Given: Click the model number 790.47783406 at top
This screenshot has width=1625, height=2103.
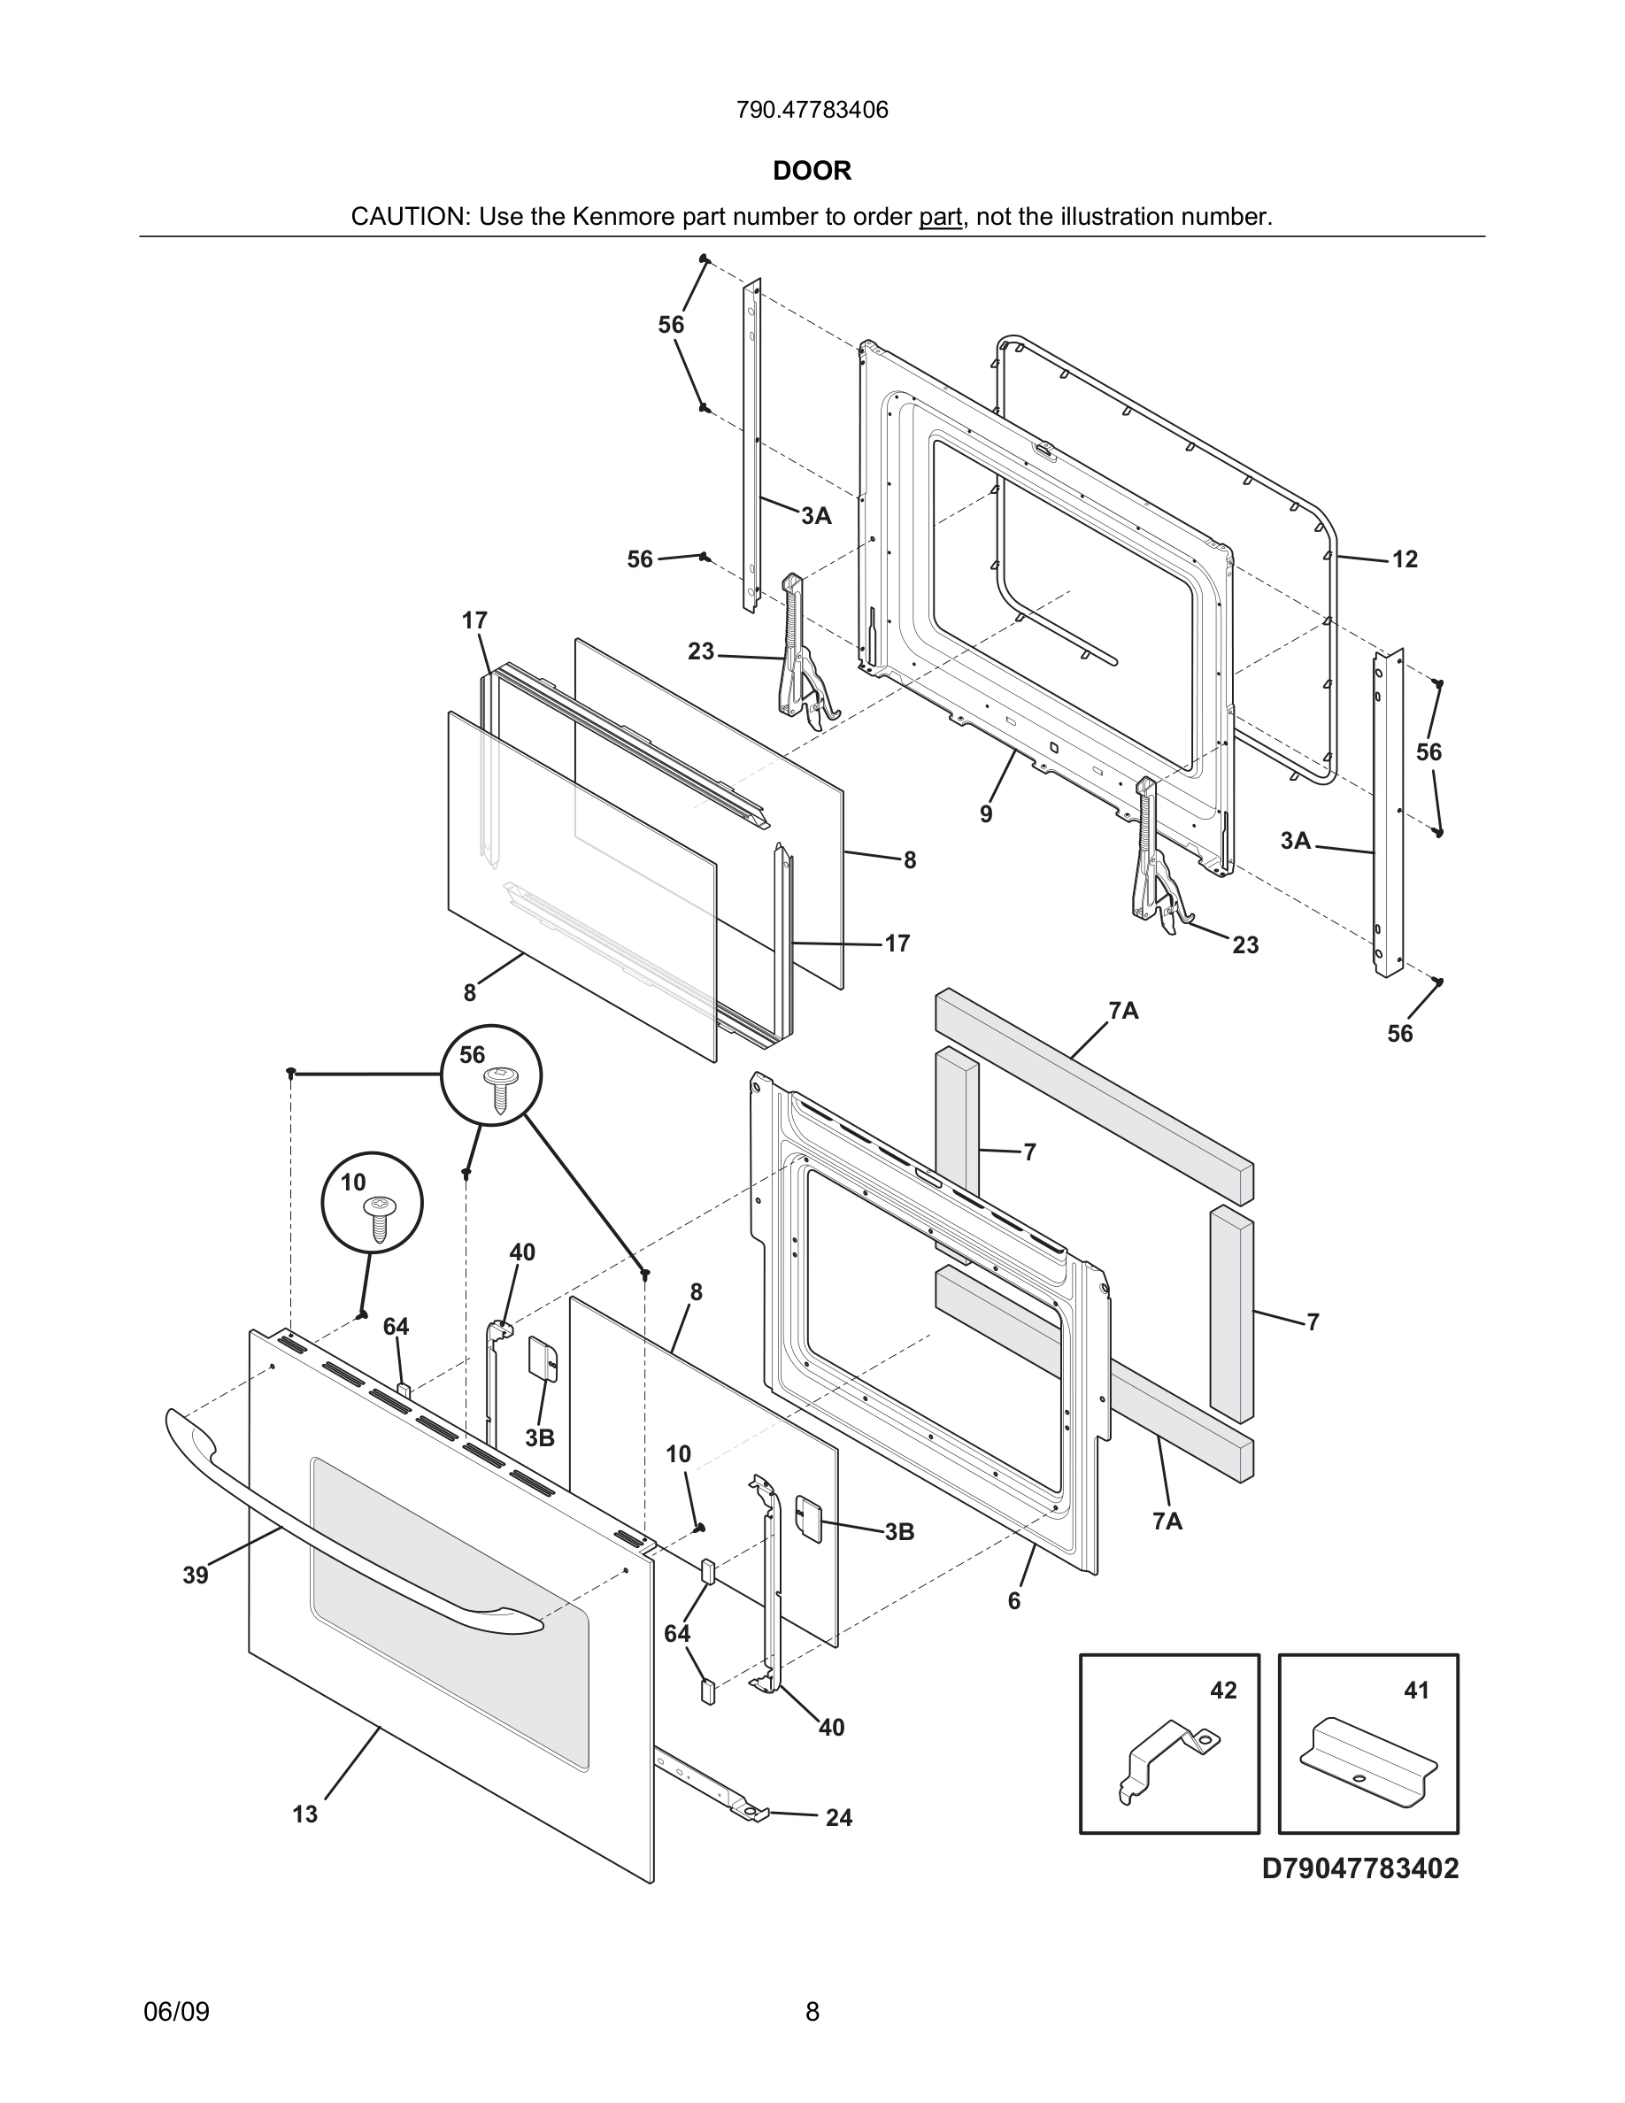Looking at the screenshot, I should click(812, 111).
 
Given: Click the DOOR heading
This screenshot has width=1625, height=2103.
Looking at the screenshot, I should click(812, 171).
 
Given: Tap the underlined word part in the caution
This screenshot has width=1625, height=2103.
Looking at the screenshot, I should click(940, 217).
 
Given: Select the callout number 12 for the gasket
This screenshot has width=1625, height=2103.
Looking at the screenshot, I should click(1405, 559).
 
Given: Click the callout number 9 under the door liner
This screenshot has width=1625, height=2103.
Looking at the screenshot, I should click(986, 814).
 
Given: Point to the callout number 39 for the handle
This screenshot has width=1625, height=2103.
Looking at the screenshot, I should click(196, 1575).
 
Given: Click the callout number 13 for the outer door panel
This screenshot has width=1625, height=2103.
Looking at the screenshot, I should click(305, 1814).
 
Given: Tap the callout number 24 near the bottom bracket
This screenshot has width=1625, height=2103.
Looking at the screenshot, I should click(838, 1817).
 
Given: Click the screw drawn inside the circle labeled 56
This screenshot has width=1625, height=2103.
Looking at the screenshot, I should click(501, 1088).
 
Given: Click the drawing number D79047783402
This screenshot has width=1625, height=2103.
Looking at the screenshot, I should click(1360, 1869).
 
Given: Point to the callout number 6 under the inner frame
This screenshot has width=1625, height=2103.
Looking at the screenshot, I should click(1013, 1600).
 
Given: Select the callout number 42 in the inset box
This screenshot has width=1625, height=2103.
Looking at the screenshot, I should click(1222, 1690).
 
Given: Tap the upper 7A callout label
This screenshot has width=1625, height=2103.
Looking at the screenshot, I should click(1123, 1010).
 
